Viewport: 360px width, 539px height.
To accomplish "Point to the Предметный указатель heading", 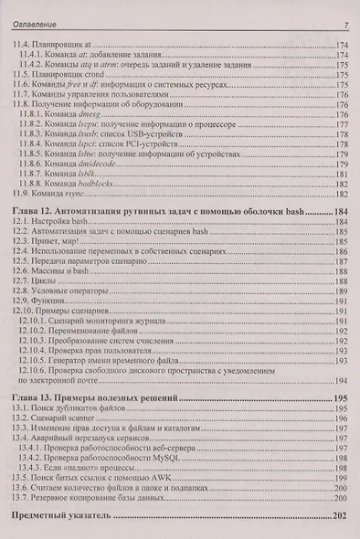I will pyautogui.click(x=62, y=516).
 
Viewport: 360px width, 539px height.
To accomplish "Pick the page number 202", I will pyautogui.click(x=339, y=516).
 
